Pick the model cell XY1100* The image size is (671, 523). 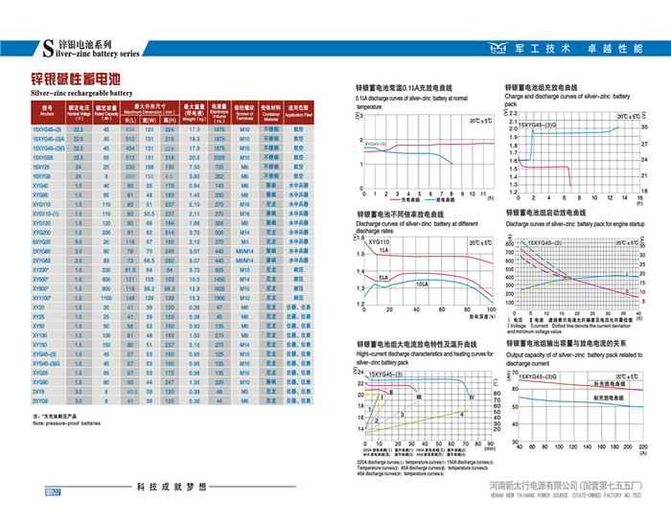coord(46,297)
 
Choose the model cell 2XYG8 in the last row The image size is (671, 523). coord(42,401)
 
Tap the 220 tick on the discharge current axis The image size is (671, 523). coord(642,447)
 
